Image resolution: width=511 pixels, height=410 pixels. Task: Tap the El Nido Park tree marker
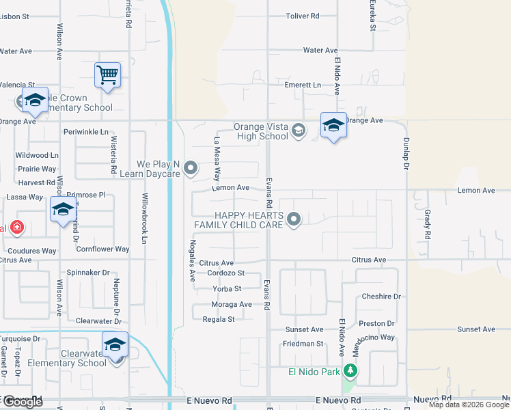(x=350, y=371)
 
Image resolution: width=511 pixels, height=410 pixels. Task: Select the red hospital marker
(x=16, y=228)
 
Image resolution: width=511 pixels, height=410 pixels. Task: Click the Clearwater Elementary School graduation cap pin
(x=115, y=344)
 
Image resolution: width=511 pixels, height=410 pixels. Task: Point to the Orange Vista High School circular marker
(x=298, y=130)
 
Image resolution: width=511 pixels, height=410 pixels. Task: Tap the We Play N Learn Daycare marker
(x=191, y=167)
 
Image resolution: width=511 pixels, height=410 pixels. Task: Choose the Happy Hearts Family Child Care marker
(x=294, y=219)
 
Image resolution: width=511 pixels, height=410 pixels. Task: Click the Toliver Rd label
(x=303, y=15)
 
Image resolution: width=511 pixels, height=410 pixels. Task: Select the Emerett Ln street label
(x=303, y=85)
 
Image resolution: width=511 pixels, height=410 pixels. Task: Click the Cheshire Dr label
(x=381, y=297)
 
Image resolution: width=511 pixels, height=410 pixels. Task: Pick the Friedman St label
(x=302, y=344)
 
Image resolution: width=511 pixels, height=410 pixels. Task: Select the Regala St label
(x=217, y=319)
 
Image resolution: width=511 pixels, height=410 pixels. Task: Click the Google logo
(x=23, y=402)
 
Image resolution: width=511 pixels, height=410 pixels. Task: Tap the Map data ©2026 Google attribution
(x=468, y=405)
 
